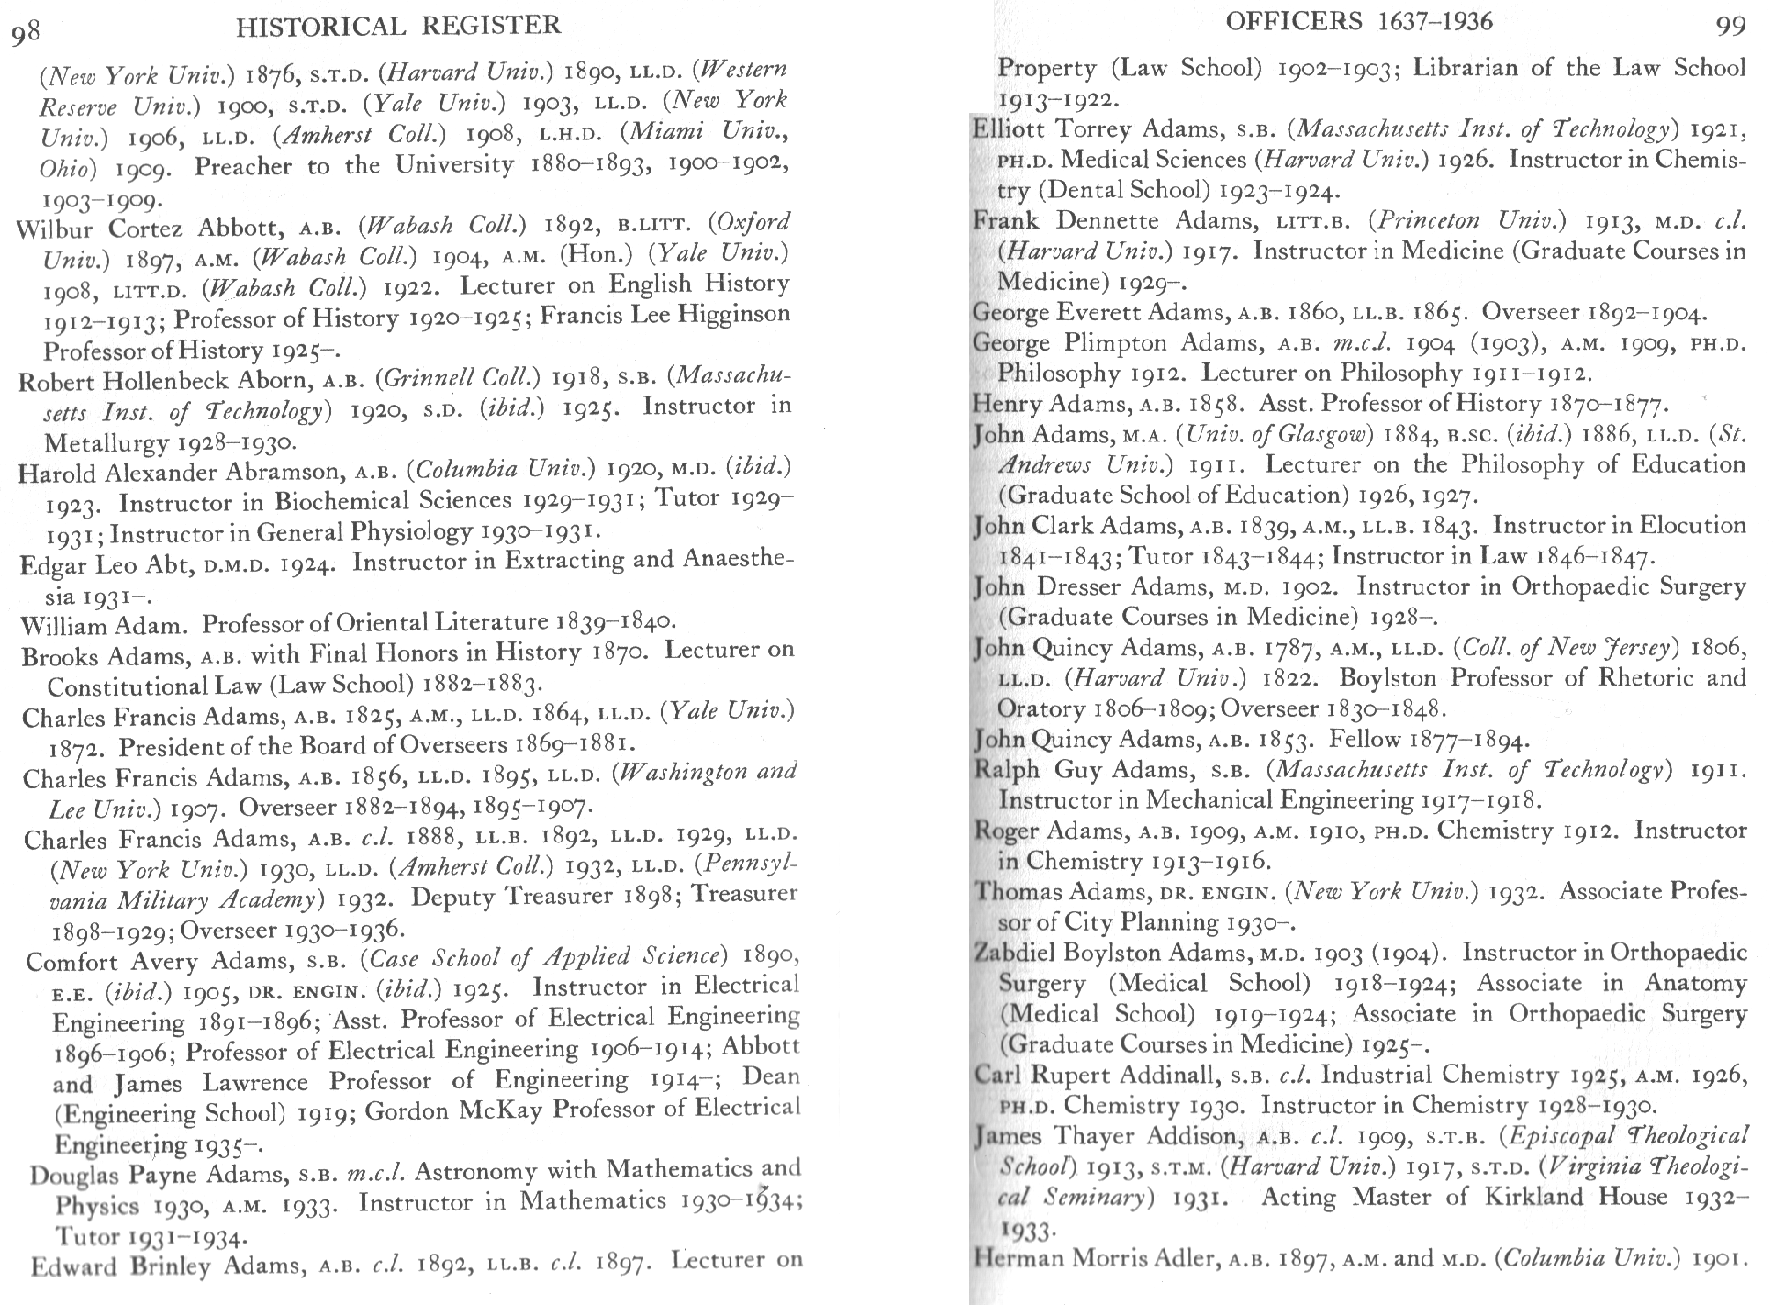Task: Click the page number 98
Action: (x=26, y=32)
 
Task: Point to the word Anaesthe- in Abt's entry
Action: (x=737, y=559)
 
